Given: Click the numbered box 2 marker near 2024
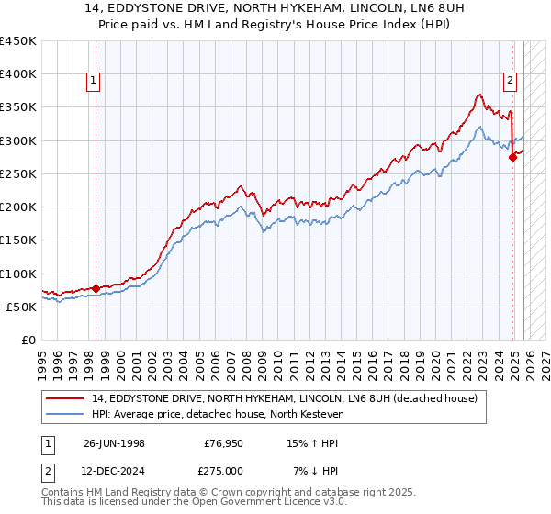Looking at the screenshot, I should [510, 80].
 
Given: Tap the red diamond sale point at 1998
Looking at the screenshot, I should [96, 288].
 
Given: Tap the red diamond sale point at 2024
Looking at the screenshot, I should [512, 157].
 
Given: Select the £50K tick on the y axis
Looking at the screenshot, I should [22, 307].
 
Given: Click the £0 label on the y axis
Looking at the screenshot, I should [28, 341].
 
